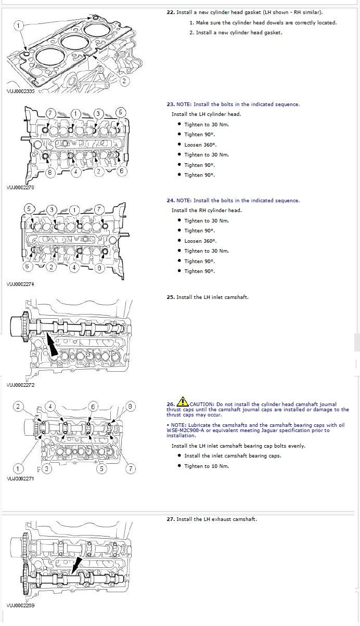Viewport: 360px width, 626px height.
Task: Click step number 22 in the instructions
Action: (170, 12)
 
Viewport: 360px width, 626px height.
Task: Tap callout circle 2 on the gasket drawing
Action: (124, 81)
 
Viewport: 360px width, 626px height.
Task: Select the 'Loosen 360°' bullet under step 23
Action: (200, 145)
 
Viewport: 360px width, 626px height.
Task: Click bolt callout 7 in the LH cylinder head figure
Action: (50, 113)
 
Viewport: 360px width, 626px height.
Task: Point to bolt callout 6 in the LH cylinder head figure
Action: (122, 171)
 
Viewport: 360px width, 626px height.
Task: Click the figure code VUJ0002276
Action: (20, 188)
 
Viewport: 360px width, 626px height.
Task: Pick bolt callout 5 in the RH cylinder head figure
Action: (30, 209)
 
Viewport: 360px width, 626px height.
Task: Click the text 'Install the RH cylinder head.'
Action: (207, 210)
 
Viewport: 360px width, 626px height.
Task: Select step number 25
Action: (170, 297)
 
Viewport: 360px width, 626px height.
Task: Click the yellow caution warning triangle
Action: (183, 401)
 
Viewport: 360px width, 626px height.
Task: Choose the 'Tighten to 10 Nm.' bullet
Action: (207, 466)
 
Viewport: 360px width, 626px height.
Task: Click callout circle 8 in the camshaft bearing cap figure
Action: (131, 406)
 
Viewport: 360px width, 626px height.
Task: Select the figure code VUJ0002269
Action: (20, 606)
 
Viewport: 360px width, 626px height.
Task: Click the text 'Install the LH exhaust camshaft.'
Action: (216, 519)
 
